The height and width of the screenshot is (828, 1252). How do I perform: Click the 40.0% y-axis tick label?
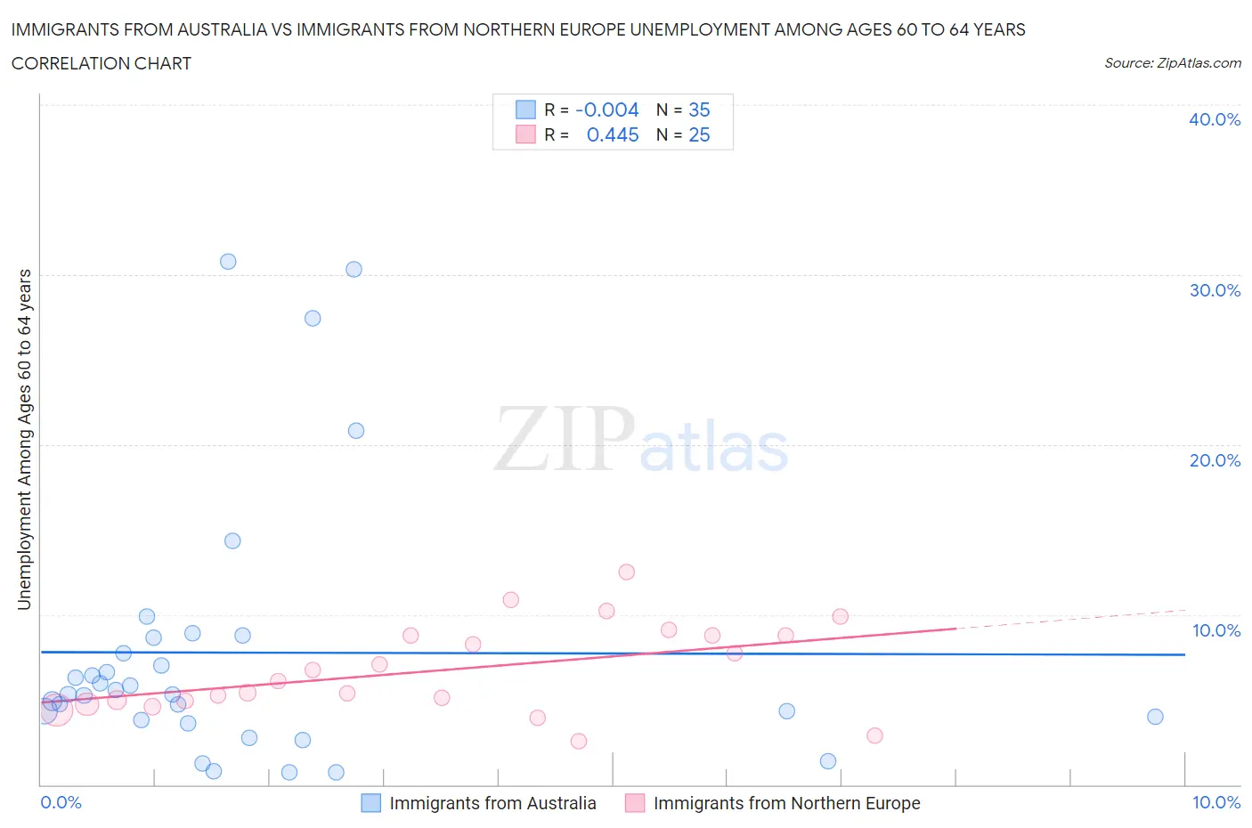1214,119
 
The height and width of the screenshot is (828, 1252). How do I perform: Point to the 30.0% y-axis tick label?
1214,290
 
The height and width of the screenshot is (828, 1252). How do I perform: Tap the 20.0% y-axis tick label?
1214,460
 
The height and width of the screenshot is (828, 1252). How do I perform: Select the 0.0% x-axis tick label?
61,802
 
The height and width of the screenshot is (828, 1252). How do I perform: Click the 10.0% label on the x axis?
1215,802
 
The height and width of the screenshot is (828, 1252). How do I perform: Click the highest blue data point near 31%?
228,262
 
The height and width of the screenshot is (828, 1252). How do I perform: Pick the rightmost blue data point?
1155,717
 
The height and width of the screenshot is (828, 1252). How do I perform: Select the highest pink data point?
626,572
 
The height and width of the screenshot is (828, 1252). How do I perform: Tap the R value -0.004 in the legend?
607,110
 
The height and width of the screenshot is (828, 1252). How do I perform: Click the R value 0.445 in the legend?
613,134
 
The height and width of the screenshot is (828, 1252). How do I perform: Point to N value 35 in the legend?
699,110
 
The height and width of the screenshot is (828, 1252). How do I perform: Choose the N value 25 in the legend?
699,134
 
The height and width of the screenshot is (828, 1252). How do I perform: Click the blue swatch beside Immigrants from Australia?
370,803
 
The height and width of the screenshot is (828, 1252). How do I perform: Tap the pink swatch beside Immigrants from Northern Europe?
634,803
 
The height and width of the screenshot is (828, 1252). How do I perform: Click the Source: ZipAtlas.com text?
1172,63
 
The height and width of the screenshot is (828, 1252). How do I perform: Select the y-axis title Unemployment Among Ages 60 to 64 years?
24,439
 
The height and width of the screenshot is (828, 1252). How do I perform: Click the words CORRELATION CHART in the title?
102,63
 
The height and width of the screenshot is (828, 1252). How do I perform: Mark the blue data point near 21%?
356,431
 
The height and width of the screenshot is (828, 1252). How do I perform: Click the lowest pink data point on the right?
874,735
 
